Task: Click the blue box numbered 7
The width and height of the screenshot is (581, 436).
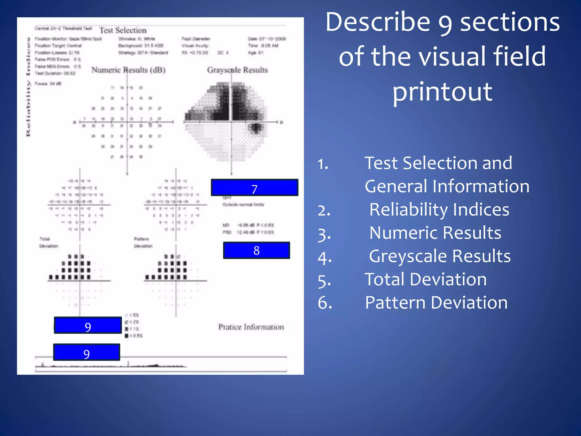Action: [x=254, y=188]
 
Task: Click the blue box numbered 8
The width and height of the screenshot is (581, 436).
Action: [x=256, y=250]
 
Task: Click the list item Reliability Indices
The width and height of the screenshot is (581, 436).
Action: [x=439, y=210]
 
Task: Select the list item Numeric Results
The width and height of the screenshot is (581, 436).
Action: [x=435, y=233]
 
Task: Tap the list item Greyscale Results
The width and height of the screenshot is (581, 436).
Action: [x=439, y=256]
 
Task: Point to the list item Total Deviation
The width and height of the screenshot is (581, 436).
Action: [x=426, y=280]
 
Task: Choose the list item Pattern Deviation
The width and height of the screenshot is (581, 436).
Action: [x=436, y=303]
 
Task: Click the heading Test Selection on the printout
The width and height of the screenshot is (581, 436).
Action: [x=123, y=30]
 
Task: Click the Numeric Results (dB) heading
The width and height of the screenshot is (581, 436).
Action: [x=128, y=70]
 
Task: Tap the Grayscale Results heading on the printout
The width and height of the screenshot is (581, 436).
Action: [x=237, y=70]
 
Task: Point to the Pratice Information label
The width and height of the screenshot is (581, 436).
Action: [x=251, y=327]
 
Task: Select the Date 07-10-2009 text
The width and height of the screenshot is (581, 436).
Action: [x=267, y=39]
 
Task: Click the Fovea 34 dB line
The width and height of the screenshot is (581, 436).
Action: [x=48, y=84]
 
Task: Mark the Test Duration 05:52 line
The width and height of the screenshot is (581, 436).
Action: [x=55, y=74]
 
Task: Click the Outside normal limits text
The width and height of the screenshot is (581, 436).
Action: [x=243, y=205]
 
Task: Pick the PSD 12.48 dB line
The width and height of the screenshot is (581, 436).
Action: [x=248, y=232]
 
